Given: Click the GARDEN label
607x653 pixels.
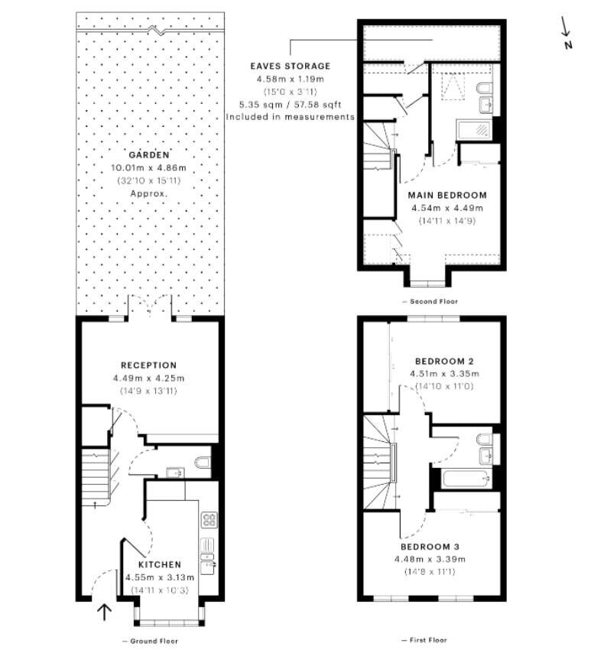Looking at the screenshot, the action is [149, 155].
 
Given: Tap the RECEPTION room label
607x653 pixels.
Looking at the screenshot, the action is [148, 365].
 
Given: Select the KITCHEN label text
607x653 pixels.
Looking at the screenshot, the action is [160, 565].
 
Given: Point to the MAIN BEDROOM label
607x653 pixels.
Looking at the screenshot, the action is [447, 195].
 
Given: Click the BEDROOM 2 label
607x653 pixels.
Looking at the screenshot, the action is [444, 361].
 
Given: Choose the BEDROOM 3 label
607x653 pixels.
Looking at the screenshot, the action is [430, 547].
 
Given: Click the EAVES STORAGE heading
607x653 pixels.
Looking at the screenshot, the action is [291, 66].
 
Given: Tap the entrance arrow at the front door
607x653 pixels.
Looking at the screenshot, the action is [104, 612].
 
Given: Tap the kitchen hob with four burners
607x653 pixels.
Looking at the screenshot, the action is [209, 520].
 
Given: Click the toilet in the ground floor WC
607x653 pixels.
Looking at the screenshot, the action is [203, 463].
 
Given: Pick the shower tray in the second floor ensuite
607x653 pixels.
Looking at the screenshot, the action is [474, 129].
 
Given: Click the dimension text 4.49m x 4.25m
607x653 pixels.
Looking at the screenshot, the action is [148, 378].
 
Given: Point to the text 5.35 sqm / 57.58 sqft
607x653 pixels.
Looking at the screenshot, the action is [291, 104].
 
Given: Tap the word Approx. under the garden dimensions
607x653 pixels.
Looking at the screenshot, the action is [148, 193].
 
